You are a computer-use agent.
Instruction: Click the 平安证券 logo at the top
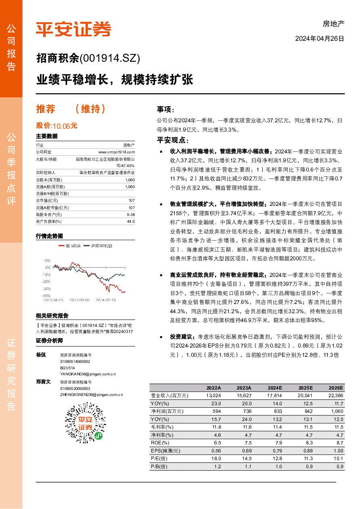click(73, 29)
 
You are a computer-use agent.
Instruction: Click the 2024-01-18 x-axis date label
click(106, 300)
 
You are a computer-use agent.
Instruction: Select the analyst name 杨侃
click(41, 354)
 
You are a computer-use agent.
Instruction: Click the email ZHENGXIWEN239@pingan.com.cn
click(91, 394)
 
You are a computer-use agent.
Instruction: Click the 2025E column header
click(306, 388)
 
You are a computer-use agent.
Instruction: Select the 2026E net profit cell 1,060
click(336, 411)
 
